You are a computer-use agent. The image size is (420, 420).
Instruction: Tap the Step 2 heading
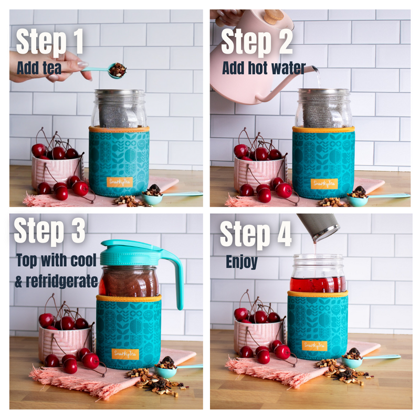(x=256, y=42)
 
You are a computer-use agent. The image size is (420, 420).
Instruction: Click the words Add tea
(x=39, y=68)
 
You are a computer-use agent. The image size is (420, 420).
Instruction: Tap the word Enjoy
(x=243, y=261)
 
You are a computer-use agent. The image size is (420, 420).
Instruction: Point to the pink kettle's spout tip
(x=313, y=68)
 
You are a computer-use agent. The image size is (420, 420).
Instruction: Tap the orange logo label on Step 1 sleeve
(x=119, y=182)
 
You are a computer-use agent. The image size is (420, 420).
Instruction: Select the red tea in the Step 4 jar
(x=318, y=283)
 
